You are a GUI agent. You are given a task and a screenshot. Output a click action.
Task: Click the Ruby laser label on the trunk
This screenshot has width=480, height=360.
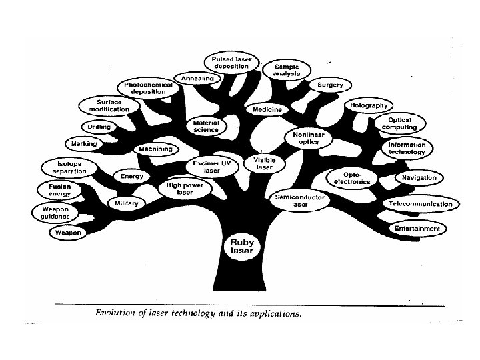pyautogui.click(x=241, y=247)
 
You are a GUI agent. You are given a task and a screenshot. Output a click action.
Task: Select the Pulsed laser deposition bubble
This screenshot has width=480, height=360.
pyautogui.click(x=232, y=63)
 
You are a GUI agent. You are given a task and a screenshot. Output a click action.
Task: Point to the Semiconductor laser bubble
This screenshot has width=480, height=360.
pyautogui.click(x=300, y=201)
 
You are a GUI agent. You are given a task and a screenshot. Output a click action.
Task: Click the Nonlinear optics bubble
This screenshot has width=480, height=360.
pyautogui.click(x=309, y=138)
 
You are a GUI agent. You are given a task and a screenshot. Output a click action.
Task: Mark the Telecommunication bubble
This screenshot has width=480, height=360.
pyautogui.click(x=421, y=204)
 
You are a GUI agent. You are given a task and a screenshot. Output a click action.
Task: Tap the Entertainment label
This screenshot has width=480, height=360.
pyautogui.click(x=417, y=229)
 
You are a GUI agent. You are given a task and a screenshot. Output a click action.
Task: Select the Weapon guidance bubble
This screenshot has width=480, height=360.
pyautogui.click(x=56, y=212)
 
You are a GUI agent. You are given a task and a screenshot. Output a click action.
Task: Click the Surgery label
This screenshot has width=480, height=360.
pyautogui.click(x=330, y=85)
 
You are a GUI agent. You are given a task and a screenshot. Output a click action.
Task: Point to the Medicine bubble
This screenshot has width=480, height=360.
pyautogui.click(x=267, y=109)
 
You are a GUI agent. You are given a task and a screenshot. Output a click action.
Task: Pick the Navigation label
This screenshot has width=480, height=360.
pyautogui.click(x=419, y=178)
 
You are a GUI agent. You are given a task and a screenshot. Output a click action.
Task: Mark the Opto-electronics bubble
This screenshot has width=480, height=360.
pyautogui.click(x=353, y=178)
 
